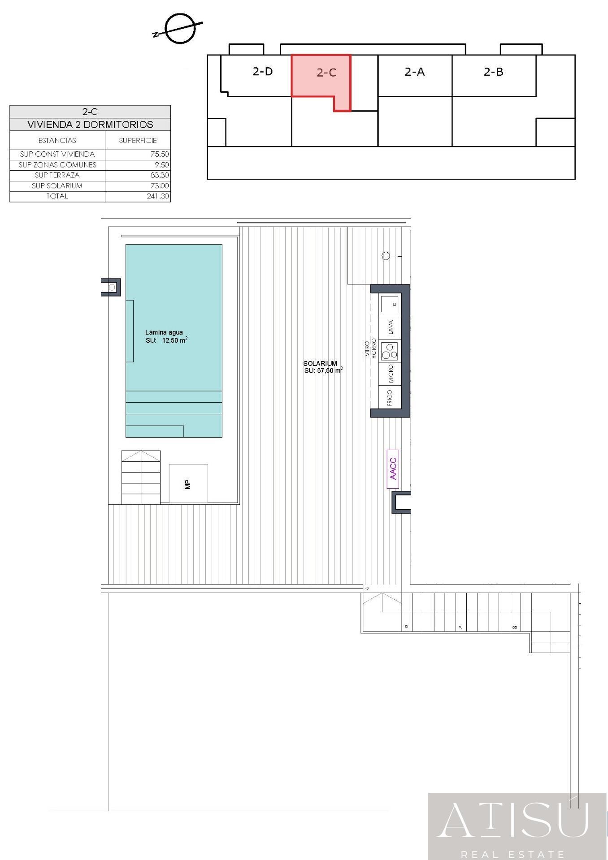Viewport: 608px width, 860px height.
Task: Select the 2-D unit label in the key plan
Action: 263,72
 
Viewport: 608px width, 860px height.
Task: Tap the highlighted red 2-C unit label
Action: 326,73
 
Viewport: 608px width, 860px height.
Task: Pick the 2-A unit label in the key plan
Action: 415,72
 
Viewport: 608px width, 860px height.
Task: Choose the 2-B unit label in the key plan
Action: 494,72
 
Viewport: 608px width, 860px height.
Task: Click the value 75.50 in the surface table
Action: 160,154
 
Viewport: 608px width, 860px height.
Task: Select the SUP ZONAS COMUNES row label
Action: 57,165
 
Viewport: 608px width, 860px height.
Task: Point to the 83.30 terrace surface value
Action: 160,175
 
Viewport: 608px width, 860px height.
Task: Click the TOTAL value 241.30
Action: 158,196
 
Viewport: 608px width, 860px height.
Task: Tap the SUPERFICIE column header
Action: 138,141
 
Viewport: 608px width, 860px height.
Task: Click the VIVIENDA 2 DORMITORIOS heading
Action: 90,125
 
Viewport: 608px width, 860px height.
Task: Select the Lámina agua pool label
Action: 164,332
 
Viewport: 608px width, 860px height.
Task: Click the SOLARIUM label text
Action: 320,363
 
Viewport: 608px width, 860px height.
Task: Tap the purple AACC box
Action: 393,469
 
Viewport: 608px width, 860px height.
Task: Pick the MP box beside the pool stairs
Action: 188,484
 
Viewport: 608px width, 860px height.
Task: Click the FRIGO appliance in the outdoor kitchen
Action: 390,397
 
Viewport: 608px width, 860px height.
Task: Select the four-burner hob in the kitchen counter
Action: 389,351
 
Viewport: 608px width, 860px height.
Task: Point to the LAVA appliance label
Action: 391,327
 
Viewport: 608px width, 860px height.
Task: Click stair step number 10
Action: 460,627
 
